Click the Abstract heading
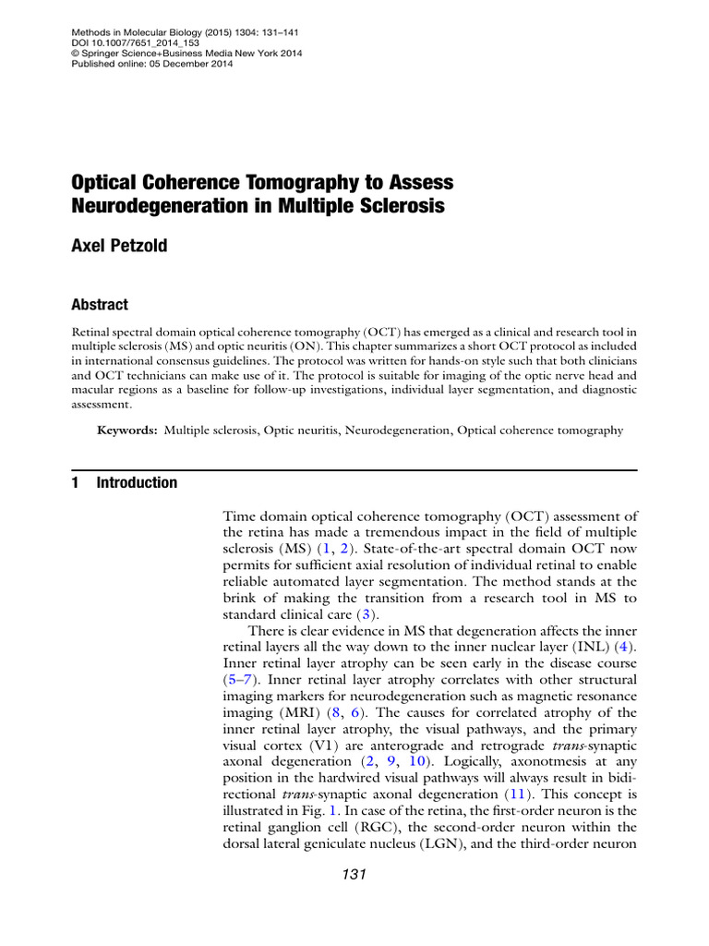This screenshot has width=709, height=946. tap(100, 305)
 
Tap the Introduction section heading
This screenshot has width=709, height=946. tap(137, 482)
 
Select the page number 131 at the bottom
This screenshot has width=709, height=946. tap(353, 875)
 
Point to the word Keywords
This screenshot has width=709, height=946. tap(128, 431)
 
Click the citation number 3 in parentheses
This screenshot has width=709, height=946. tap(366, 613)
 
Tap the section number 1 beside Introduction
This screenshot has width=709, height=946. tap(75, 482)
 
